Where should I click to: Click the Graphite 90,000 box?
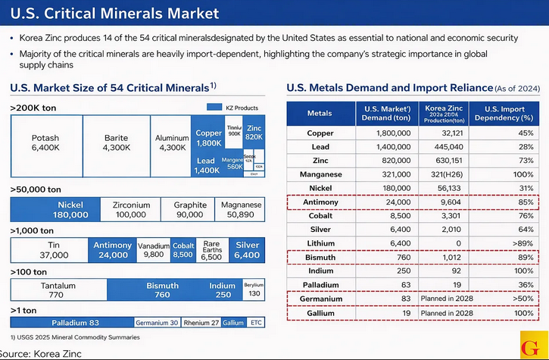coord(190,210)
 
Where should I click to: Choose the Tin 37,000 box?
coord(53,250)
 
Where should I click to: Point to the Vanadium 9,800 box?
coord(153,250)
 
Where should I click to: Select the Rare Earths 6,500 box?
coord(212,250)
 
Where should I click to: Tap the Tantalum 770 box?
coord(58,290)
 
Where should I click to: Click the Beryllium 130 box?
coord(254,290)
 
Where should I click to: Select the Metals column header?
coord(319,114)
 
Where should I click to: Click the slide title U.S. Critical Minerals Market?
coord(114,14)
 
